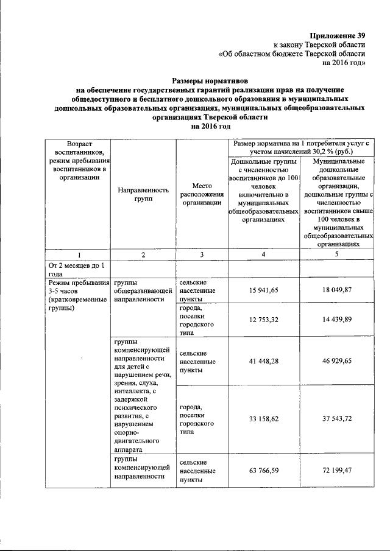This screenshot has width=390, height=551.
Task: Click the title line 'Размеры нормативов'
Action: point(210,80)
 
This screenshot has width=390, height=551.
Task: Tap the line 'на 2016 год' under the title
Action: point(210,126)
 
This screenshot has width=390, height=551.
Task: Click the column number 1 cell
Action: point(78,254)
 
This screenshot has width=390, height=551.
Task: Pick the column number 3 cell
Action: point(201,254)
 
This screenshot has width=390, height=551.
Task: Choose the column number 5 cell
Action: point(336,254)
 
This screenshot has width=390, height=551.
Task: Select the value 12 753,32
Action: point(263,320)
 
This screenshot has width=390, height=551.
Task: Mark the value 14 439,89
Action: point(336,320)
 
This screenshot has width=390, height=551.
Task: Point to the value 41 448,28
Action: point(263,362)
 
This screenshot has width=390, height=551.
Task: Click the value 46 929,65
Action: point(336,362)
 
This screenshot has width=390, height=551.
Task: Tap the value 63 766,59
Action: point(263,471)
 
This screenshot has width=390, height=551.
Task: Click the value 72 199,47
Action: point(336,471)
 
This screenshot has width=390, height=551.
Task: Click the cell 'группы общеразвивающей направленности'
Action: point(141,291)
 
